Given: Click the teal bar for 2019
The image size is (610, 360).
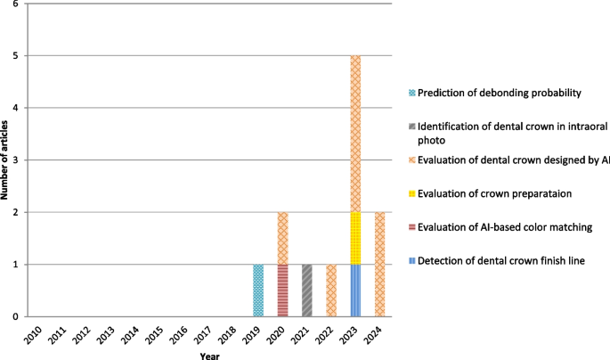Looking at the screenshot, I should pos(258,290).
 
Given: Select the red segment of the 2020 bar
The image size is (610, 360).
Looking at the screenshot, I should pos(282,290).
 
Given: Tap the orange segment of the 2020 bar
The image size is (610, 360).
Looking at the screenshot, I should pos(282,238).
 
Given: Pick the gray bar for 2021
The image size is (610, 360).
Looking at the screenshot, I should pos(307,290).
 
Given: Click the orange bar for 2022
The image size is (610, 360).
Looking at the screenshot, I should pos(331,290).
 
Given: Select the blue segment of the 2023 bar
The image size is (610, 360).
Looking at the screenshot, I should pos(355,290).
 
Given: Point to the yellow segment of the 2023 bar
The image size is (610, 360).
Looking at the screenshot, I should pos(355,238).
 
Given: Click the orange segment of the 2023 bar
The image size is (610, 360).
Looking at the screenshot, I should pos(355,134).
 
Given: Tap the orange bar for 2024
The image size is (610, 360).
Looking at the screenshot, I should pos(379,264).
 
